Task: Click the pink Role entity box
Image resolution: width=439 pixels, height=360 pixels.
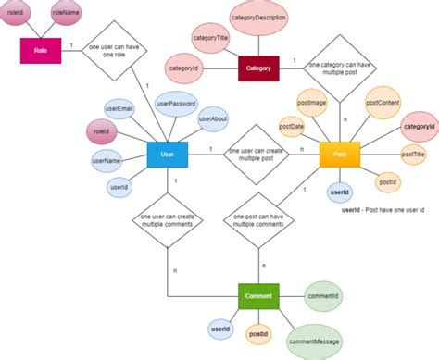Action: point(41,51)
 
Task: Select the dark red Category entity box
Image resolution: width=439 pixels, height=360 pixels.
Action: point(258,68)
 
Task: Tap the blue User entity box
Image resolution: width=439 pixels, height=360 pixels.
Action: point(168,154)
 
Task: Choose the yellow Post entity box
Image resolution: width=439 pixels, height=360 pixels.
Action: point(339,155)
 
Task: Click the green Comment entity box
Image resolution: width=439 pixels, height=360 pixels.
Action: point(257,297)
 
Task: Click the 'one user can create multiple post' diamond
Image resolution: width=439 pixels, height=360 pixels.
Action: point(254,155)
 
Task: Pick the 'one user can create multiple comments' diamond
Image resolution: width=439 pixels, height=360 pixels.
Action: point(168,221)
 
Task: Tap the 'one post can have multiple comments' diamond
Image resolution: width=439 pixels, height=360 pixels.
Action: point(254,222)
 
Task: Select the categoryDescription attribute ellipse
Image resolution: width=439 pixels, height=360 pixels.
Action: point(258,18)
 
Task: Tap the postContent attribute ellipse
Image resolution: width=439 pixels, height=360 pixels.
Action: point(382,103)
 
